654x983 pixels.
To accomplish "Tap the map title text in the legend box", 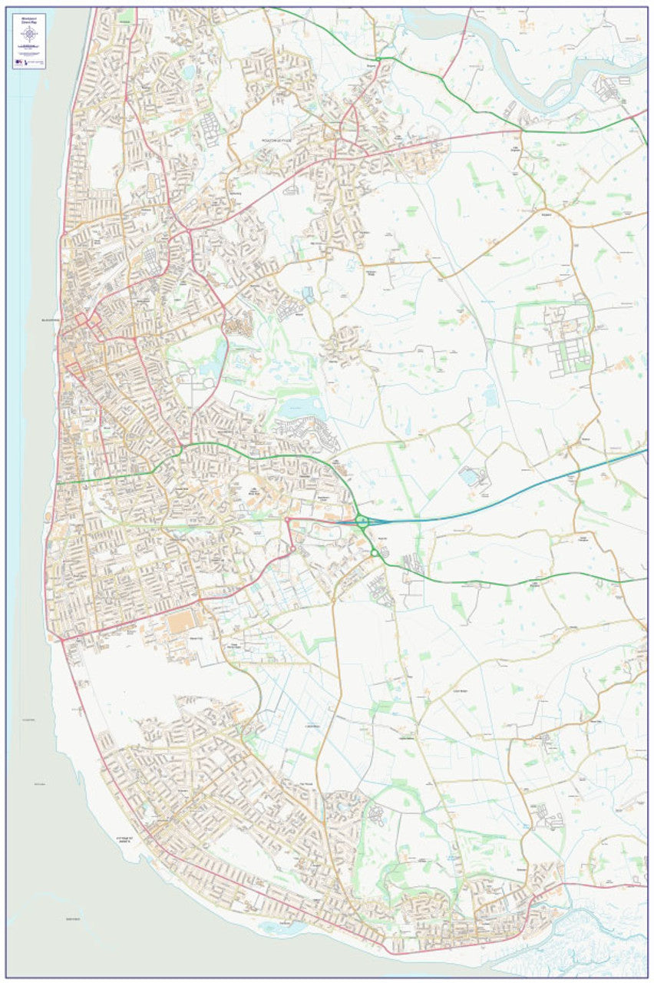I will (x=29, y=18).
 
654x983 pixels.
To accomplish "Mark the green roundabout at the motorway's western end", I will (x=362, y=522).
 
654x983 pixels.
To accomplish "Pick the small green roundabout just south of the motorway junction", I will (x=375, y=552).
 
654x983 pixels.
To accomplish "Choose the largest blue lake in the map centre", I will (x=302, y=409).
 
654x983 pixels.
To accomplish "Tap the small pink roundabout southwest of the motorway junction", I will (x=292, y=549).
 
